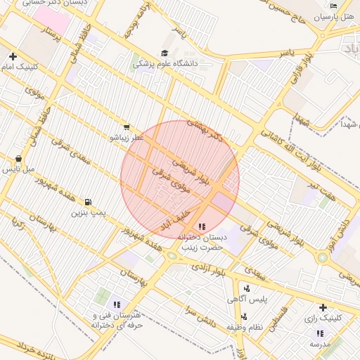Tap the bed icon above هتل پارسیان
pyautogui.click(x=333, y=6)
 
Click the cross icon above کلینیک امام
pyautogui.click(x=13, y=56)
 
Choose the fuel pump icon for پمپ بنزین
pyautogui.click(x=88, y=202)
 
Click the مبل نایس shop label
pyautogui.click(x=18, y=169)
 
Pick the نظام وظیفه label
pyautogui.click(x=245, y=328)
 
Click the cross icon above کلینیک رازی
pyautogui.click(x=323, y=307)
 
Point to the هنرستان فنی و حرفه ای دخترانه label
pyautogui.click(x=117, y=320)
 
